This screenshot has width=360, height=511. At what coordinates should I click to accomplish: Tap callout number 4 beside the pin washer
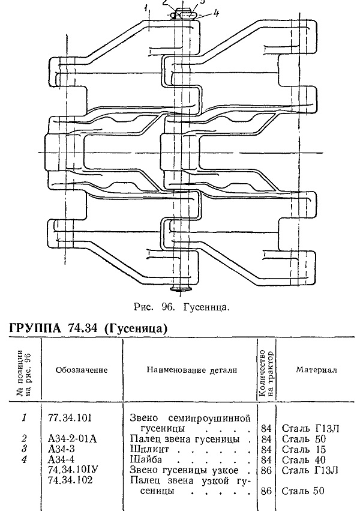tap(216, 13)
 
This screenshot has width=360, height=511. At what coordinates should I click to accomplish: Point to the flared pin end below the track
tap(181, 288)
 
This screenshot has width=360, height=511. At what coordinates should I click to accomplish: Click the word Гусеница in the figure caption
tap(206, 307)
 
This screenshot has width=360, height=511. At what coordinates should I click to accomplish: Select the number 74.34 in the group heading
tap(83, 327)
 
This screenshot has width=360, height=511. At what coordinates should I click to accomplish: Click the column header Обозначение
tap(82, 370)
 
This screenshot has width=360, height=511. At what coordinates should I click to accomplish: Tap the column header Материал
tap(316, 370)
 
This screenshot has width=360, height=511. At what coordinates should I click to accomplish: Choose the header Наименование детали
tap(192, 370)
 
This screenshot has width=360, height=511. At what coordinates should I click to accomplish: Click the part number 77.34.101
tap(70, 417)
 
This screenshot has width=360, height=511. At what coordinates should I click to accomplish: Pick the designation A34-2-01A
tap(72, 439)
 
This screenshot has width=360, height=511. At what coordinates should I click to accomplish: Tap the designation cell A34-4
tap(61, 459)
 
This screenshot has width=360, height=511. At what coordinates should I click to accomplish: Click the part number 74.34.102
tap(70, 480)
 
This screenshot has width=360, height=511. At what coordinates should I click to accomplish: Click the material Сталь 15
tap(304, 449)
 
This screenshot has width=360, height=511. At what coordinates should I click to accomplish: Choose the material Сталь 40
tap(304, 460)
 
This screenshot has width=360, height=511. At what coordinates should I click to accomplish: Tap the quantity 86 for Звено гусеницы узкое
tap(266, 470)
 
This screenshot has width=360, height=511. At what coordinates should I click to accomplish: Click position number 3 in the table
tap(24, 449)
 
